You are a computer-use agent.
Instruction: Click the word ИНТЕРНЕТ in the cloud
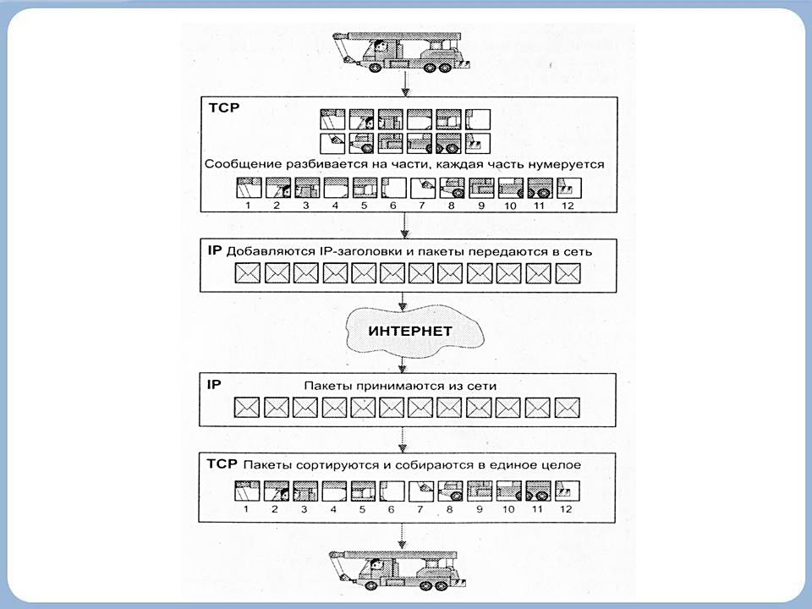(x=410, y=331)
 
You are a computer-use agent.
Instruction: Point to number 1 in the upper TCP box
(x=246, y=205)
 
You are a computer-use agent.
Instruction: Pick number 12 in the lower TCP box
(x=565, y=509)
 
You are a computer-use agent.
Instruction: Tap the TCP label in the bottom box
(x=222, y=464)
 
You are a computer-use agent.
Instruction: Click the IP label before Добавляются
(x=214, y=251)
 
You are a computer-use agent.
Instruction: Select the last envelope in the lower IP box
(x=565, y=408)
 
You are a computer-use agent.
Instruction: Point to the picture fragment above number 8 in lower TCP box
(x=448, y=491)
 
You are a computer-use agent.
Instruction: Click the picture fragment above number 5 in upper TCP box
(x=362, y=187)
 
